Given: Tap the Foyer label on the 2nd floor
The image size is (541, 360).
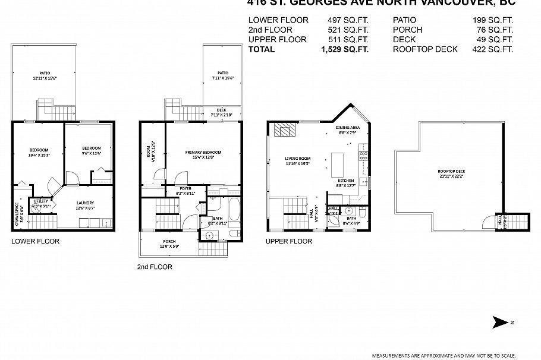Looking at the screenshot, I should (185, 191).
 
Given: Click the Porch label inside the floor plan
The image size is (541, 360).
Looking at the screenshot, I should (168, 244).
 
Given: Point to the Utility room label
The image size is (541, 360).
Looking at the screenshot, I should (42, 204).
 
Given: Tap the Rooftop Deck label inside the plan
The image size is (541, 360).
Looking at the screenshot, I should (452, 173).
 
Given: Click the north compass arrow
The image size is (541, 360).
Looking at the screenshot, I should (501, 323).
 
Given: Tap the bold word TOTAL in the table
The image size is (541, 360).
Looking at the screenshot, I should (262, 49).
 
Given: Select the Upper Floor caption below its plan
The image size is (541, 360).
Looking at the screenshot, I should (289, 241).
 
